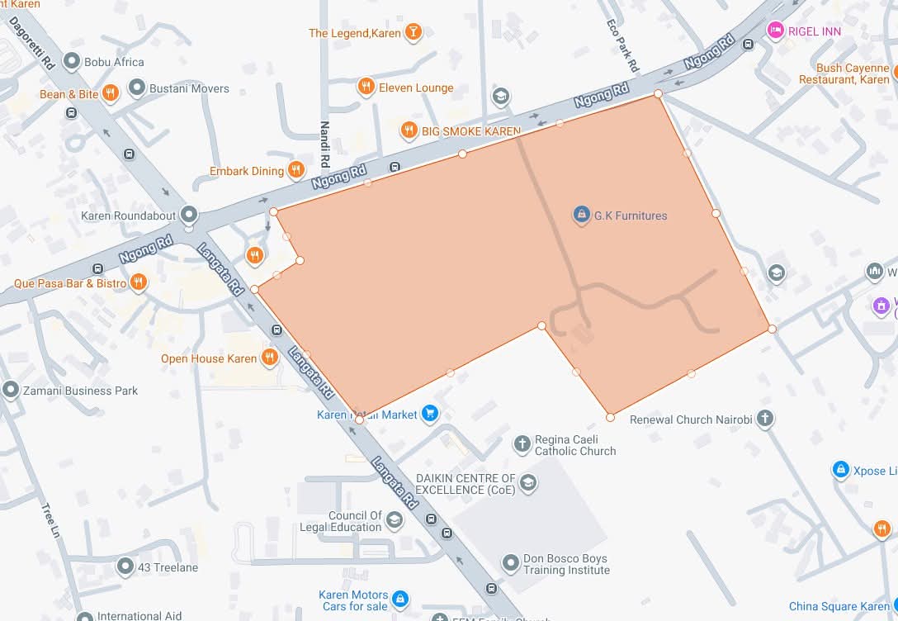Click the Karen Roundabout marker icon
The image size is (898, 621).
(190, 216)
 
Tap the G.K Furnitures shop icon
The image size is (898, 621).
(582, 216)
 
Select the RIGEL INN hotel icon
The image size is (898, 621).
(776, 31)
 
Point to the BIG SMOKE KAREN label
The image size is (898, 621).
(470, 130)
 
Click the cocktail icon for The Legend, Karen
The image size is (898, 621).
(413, 33)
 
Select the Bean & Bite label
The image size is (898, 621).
(69, 94)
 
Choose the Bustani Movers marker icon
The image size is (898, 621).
(137, 88)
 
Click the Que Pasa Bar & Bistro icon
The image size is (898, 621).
(139, 283)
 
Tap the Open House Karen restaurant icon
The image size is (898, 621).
(269, 358)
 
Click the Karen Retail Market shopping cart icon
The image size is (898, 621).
(429, 414)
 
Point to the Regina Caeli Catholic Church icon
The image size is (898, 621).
(522, 445)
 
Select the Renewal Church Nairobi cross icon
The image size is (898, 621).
(765, 420)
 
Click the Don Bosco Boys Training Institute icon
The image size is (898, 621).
(511, 563)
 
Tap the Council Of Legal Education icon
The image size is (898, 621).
(395, 520)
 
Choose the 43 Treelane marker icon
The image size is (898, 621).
(125, 567)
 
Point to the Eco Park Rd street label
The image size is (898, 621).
(622, 45)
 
